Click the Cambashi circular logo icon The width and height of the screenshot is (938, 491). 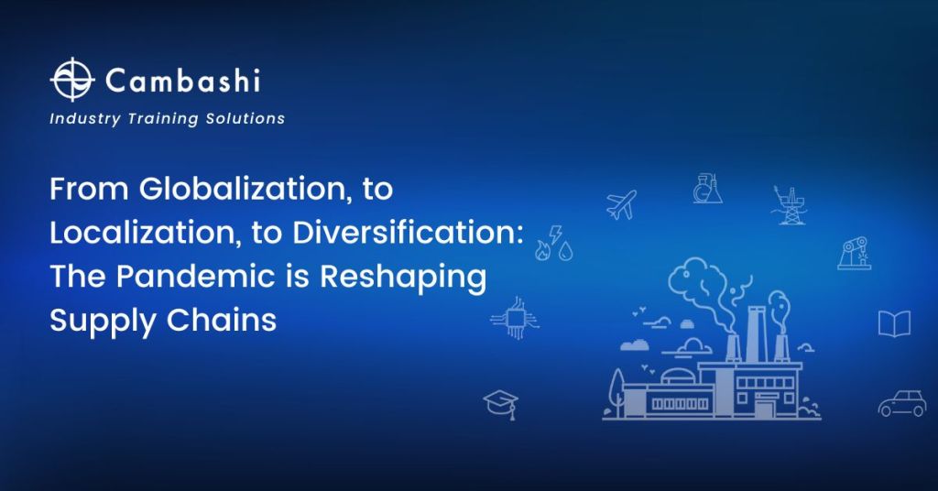(x=71, y=80)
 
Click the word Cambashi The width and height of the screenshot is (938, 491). (x=182, y=81)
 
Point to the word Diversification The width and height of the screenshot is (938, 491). (x=408, y=233)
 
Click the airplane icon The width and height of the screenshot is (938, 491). (x=621, y=204)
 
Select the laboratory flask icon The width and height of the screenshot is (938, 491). (x=707, y=189)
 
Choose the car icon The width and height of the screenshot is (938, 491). (x=901, y=403)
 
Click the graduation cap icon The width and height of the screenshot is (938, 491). (x=501, y=403)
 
